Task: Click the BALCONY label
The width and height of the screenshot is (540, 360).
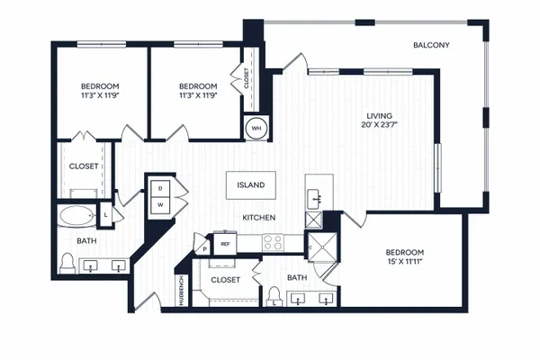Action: click(x=431, y=45)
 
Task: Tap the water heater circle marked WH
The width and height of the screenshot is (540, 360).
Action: click(x=256, y=129)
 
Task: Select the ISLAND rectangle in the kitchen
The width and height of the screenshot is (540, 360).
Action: click(x=251, y=185)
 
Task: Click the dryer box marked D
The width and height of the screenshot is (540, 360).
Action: click(x=160, y=188)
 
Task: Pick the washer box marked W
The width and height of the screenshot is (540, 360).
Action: click(x=160, y=205)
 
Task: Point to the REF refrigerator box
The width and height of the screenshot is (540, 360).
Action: click(x=225, y=244)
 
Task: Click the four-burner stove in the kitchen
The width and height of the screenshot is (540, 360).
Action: click(x=273, y=243)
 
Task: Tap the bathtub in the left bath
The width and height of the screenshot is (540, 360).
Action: click(x=77, y=216)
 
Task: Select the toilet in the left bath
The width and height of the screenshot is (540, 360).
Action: click(x=67, y=264)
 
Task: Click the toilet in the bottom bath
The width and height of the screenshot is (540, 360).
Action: click(x=274, y=297)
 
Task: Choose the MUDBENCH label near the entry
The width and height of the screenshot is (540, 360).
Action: click(x=182, y=291)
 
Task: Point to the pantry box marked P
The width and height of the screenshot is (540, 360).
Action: click(x=204, y=248)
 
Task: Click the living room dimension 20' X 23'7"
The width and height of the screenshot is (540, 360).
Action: click(x=379, y=125)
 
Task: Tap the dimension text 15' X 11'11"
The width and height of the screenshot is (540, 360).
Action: click(x=404, y=261)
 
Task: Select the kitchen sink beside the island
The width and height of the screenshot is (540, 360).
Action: click(x=314, y=199)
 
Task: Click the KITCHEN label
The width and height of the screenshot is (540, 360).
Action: click(x=259, y=218)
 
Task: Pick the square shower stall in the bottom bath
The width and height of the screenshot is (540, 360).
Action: click(x=322, y=247)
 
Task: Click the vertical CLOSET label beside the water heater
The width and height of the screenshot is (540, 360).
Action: click(x=247, y=78)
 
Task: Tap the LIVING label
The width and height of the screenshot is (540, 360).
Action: click(x=379, y=116)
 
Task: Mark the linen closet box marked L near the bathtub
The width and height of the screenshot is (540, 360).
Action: click(x=105, y=214)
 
